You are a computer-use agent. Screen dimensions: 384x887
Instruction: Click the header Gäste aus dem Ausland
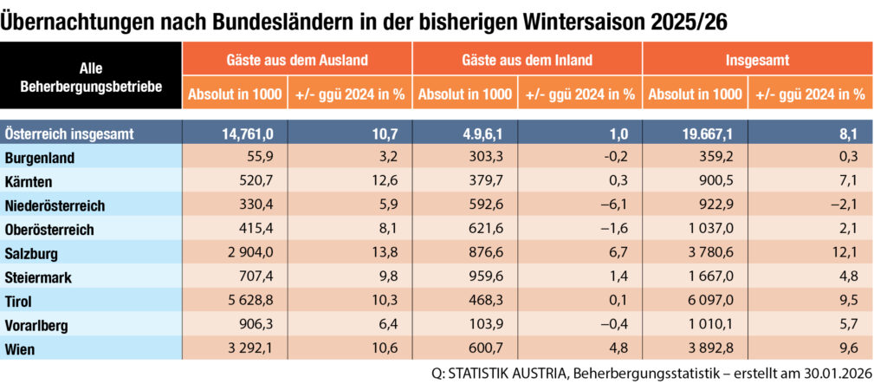(296, 61)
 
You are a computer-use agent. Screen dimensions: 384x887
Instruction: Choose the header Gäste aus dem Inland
(527, 61)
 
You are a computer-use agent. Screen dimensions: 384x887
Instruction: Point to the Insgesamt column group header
(757, 61)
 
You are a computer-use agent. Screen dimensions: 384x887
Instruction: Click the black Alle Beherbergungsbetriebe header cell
(91, 76)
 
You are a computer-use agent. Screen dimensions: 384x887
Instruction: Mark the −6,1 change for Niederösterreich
(617, 206)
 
